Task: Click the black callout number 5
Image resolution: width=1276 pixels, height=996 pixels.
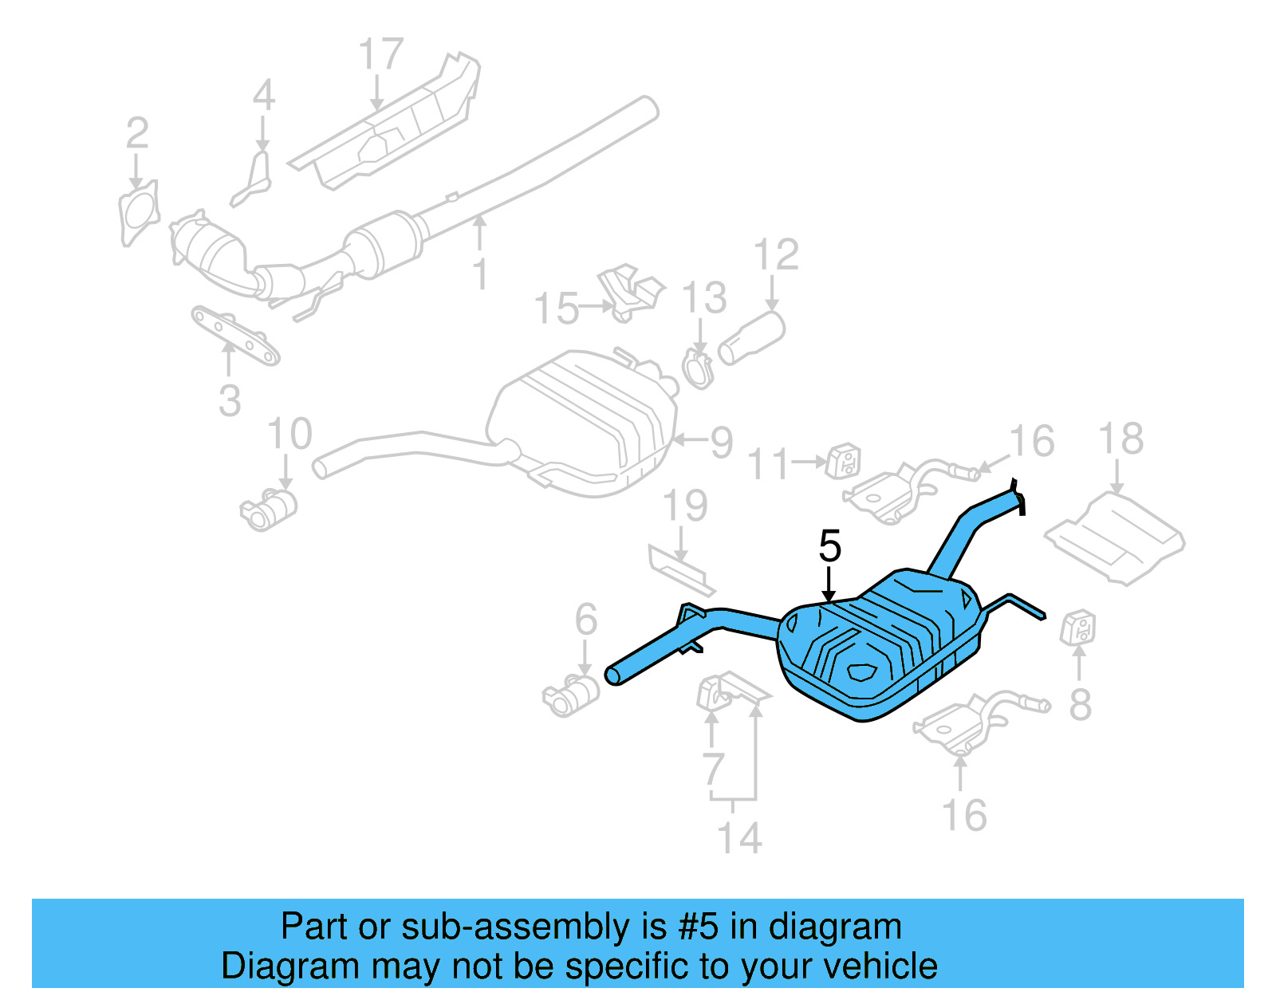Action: click(x=830, y=546)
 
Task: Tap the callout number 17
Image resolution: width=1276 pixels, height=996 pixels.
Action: click(x=380, y=55)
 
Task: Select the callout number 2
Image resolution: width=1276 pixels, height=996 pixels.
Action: click(x=137, y=133)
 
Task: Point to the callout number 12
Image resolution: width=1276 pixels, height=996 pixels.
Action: click(x=776, y=255)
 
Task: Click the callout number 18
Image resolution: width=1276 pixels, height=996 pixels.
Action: click(x=1120, y=439)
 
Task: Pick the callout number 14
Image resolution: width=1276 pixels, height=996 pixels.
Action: click(x=739, y=838)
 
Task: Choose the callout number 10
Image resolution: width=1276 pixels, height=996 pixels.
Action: click(x=289, y=435)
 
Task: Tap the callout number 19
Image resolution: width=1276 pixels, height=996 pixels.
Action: click(x=685, y=506)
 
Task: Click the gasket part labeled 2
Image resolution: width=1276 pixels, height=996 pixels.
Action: click(x=137, y=214)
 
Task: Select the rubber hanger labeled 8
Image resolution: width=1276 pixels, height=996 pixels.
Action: click(x=1078, y=628)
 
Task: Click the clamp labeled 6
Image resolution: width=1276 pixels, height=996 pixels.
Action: click(x=571, y=694)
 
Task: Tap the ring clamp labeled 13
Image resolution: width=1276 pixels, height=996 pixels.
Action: click(x=698, y=369)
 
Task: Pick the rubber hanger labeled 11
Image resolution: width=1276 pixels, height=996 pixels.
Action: click(x=843, y=462)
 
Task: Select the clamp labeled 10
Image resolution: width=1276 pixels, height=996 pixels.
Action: click(x=269, y=509)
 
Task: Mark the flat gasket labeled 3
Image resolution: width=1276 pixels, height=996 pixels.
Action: click(x=235, y=336)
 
